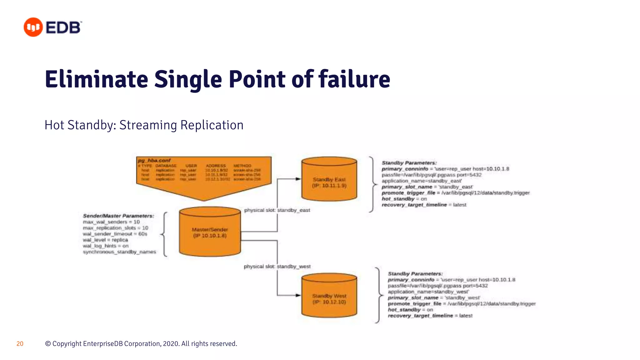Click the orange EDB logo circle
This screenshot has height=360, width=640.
coord(33,27)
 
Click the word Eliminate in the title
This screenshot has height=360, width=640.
coord(96,79)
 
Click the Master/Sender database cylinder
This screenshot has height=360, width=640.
coord(210,232)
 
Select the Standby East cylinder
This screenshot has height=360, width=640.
coord(329,179)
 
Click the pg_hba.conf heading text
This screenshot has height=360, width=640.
coord(154,160)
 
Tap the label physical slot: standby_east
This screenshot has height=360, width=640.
coord(277,210)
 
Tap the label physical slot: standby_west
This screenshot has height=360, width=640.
coord(277,266)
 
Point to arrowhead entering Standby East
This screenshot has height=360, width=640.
coord(298,179)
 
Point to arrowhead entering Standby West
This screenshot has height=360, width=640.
coord(298,295)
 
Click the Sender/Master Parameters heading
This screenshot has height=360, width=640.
coord(118,216)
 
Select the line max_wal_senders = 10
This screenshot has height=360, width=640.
coord(111,222)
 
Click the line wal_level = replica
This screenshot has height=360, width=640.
coord(105,240)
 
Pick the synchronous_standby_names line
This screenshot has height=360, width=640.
coord(119,252)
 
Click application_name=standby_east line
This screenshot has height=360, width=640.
coord(421,181)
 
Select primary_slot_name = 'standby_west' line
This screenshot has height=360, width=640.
coord(433,298)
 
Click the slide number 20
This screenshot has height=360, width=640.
coord(20,344)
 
